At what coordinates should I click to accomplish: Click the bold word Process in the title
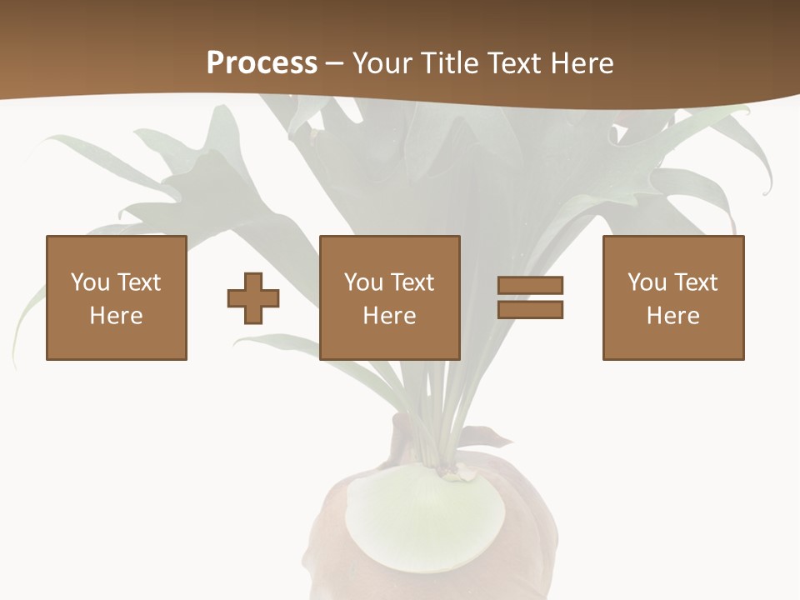pos(262,63)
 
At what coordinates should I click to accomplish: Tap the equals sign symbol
pos(530,297)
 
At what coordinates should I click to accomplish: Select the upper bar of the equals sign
pos(530,286)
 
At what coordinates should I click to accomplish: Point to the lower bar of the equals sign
pos(530,309)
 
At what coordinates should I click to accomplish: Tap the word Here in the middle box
pos(390,316)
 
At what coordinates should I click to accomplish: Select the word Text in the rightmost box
pos(696,282)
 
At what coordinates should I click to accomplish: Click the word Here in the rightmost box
pos(673,316)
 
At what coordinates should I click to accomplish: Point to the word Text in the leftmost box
pos(138,282)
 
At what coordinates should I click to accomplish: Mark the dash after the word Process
pos(334,63)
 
